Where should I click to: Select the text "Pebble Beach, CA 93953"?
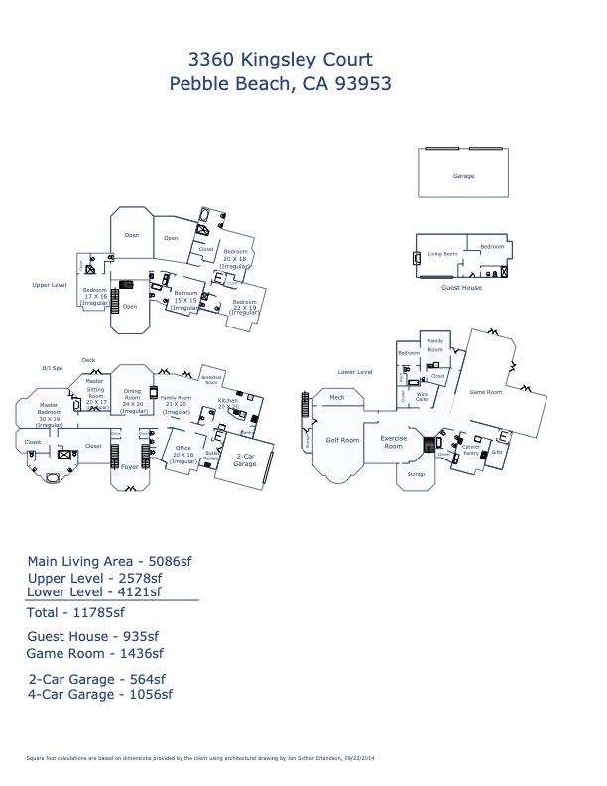(282, 83)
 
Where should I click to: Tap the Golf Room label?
(343, 439)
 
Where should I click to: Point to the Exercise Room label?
(394, 441)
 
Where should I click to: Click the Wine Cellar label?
(423, 396)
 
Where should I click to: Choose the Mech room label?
(337, 398)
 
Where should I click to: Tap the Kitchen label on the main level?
(228, 404)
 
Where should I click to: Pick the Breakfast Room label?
(210, 379)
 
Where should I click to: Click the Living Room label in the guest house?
(442, 254)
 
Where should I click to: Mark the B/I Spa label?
(52, 366)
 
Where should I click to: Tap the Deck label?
(88, 360)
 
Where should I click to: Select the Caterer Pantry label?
(471, 449)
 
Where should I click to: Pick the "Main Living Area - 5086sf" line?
(109, 561)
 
